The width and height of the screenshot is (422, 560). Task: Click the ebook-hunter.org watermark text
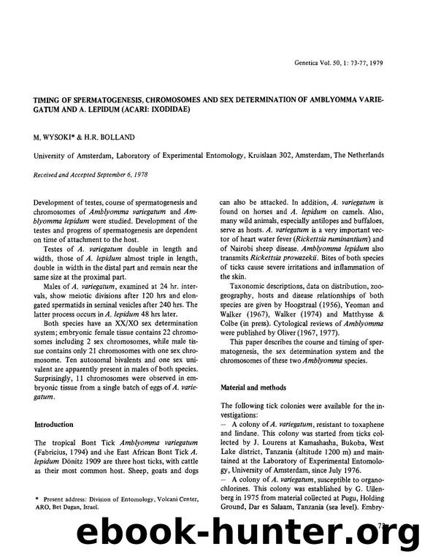coord(211,538)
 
